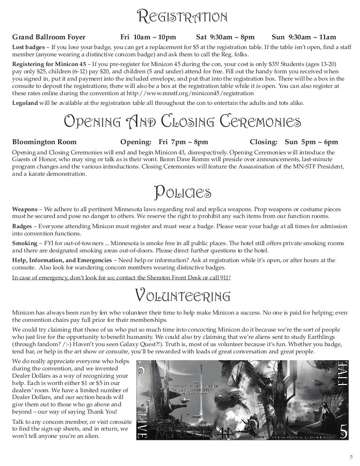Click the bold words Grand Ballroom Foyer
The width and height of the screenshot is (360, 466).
[49, 37]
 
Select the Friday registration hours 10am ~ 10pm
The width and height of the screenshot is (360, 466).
[148, 37]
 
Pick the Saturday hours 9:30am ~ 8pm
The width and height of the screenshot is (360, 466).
[225, 37]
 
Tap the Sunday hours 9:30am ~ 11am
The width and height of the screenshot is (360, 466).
[304, 37]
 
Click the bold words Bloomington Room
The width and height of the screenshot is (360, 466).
[44, 142]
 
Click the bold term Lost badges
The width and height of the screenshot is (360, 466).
[28, 47]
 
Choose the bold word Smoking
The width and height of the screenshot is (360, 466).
[24, 243]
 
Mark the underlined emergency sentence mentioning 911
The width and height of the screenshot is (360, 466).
[121, 277]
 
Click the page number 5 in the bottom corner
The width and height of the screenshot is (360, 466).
[350, 456]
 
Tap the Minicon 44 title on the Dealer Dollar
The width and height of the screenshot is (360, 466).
[190, 432]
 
